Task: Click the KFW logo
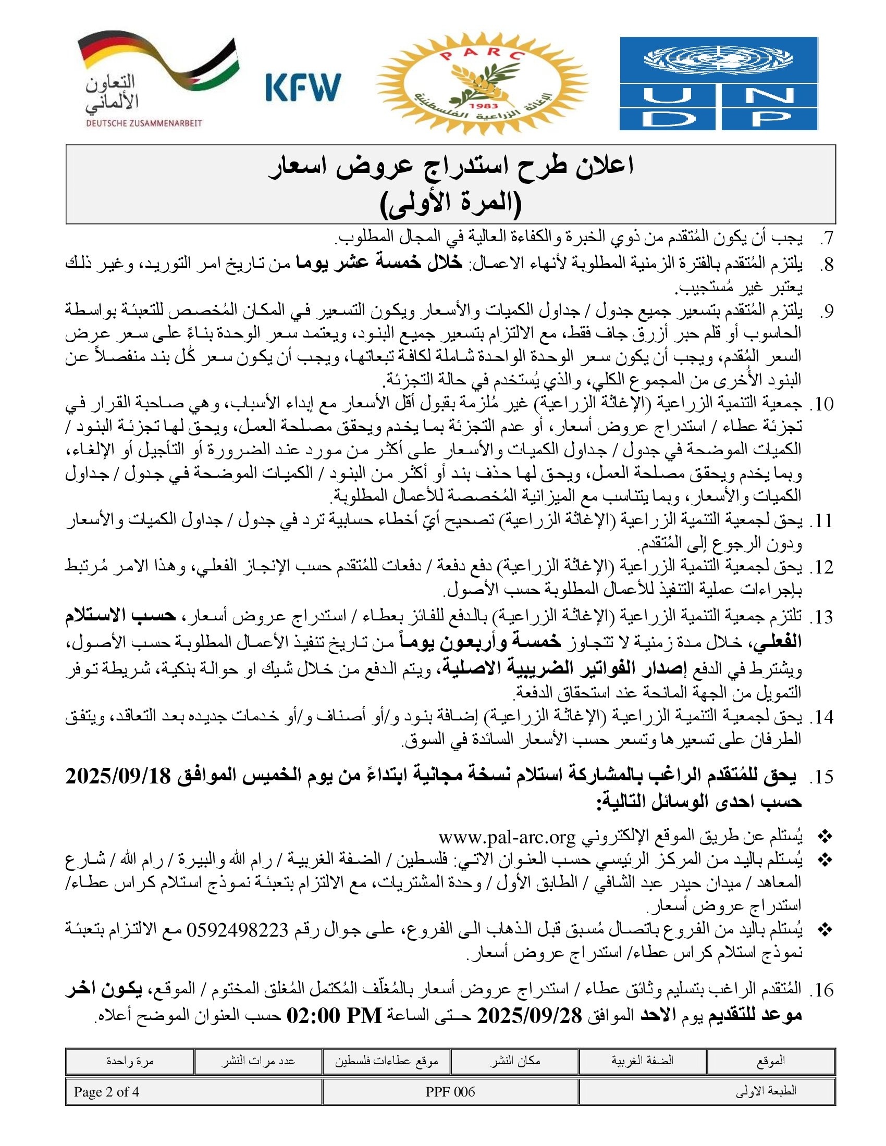tap(303, 86)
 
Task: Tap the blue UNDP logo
tap(719, 83)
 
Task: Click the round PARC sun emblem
tap(482, 83)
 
